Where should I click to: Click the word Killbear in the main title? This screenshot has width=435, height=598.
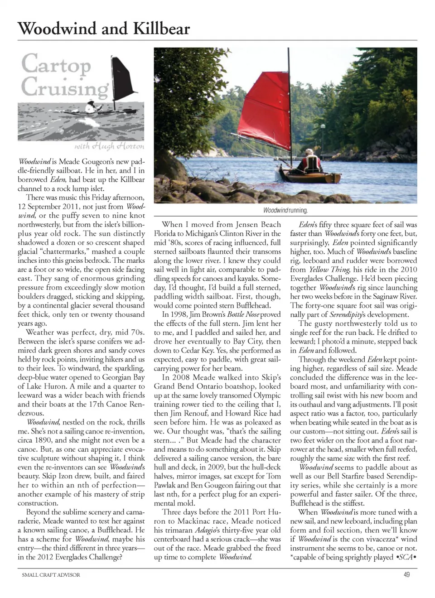(161, 29)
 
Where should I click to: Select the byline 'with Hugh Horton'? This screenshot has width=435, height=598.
(109, 146)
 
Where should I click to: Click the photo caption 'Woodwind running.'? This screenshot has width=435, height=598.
(285, 211)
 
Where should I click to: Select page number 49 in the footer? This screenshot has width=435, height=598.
(406, 575)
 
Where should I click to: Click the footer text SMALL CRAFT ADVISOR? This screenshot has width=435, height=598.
(51, 575)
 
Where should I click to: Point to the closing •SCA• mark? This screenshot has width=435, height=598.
(406, 557)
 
